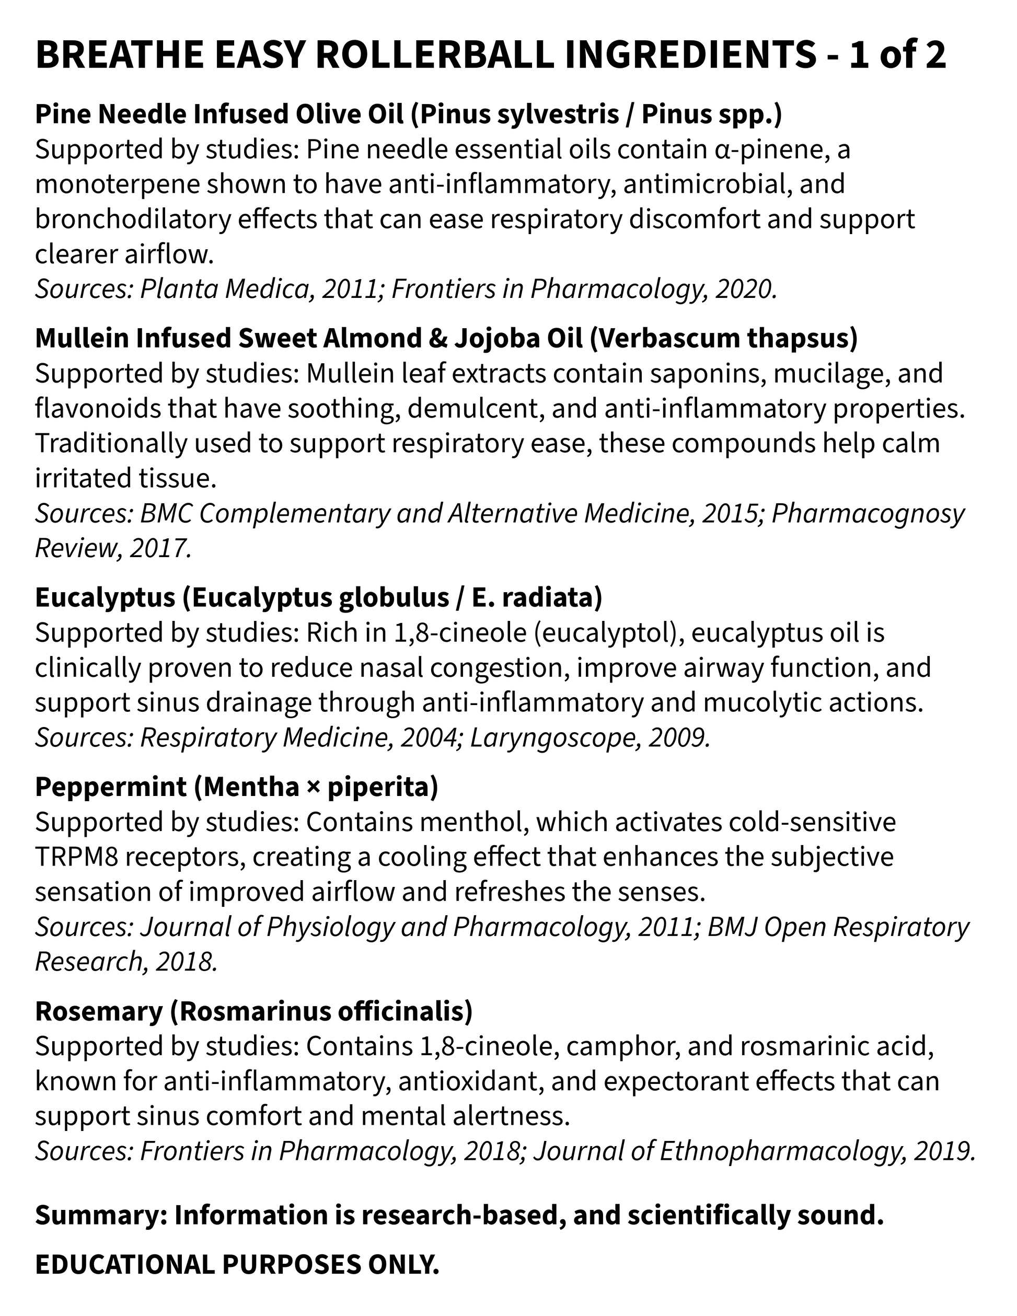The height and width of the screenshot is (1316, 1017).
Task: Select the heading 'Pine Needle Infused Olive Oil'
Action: click(x=219, y=114)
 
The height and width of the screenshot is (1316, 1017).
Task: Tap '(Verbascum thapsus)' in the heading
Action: click(x=723, y=339)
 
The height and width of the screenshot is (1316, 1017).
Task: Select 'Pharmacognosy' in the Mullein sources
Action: click(x=868, y=513)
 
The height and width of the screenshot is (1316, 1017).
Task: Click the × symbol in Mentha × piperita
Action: click(x=313, y=787)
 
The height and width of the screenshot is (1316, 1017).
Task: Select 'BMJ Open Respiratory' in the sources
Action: click(x=837, y=927)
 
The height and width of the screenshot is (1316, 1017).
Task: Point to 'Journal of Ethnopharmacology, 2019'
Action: click(x=753, y=1151)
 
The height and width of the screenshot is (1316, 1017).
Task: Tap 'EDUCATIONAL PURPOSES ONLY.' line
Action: click(x=237, y=1264)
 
